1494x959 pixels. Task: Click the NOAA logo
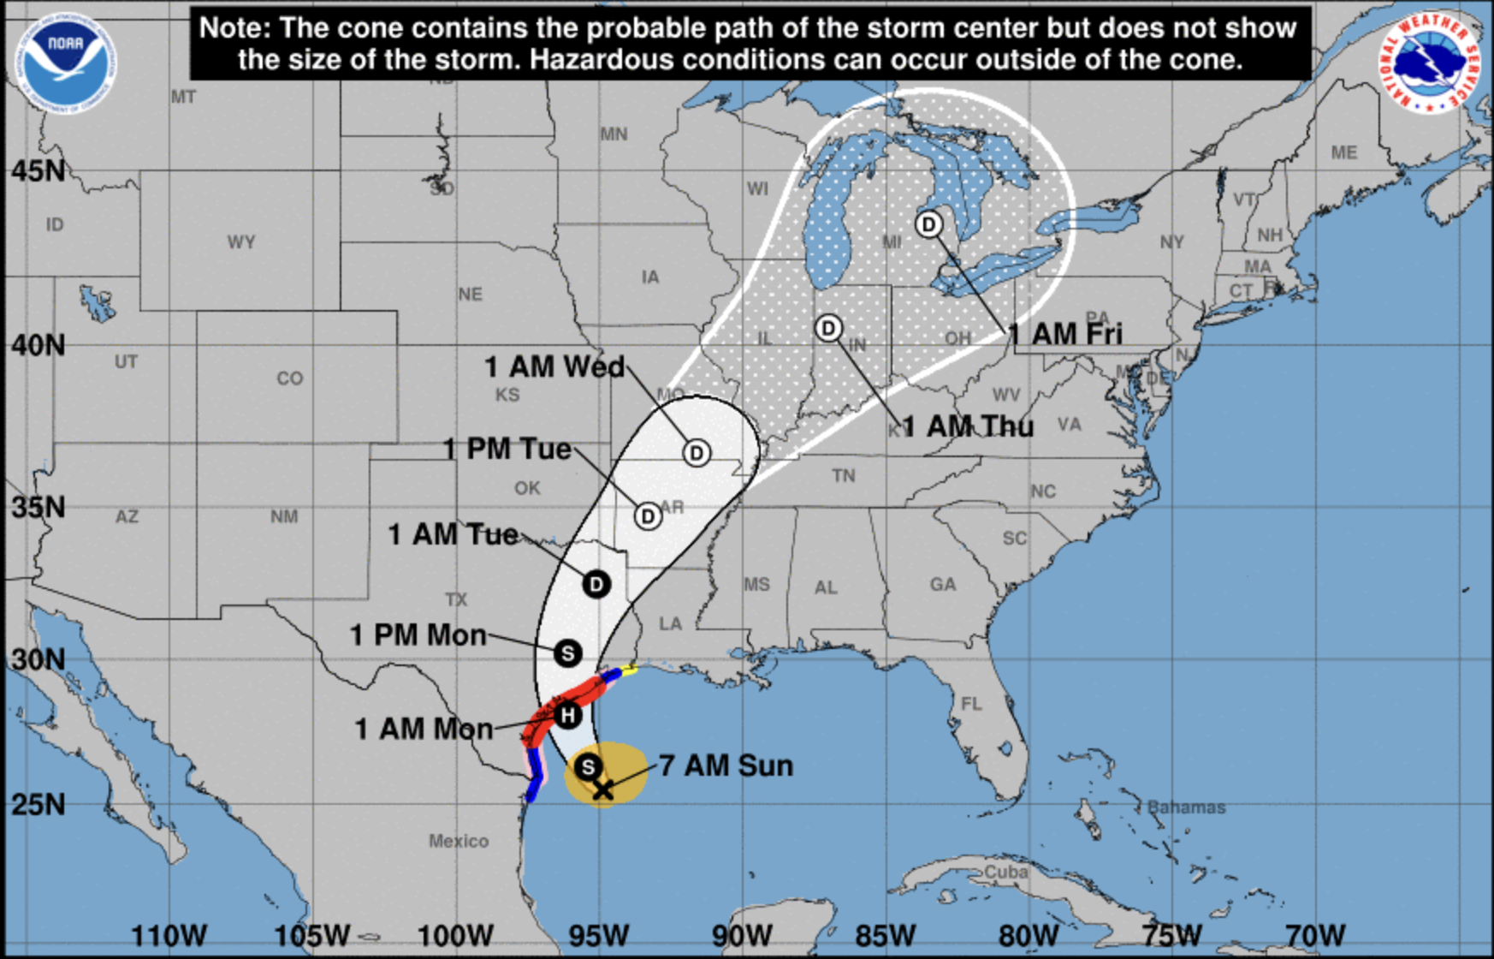[65, 62]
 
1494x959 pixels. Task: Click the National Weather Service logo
[1428, 62]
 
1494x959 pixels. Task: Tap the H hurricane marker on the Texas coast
[567, 715]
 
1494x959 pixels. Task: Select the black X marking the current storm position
[603, 789]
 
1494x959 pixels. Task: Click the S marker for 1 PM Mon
[567, 653]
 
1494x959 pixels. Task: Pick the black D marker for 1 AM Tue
[596, 584]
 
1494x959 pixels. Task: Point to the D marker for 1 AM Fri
[928, 224]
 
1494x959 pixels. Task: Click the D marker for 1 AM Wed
[697, 453]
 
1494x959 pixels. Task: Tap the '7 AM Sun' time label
[726, 765]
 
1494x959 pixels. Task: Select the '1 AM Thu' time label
[968, 426]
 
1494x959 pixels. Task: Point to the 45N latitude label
[38, 171]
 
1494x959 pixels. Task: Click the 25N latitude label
[38, 805]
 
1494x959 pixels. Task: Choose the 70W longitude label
[1314, 935]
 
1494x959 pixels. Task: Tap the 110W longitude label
[169, 935]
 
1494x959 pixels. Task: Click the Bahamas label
[1186, 807]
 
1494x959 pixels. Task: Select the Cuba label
[1005, 871]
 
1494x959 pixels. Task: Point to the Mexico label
[459, 841]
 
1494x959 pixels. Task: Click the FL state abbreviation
[971, 704]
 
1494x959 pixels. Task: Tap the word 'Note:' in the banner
[234, 27]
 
